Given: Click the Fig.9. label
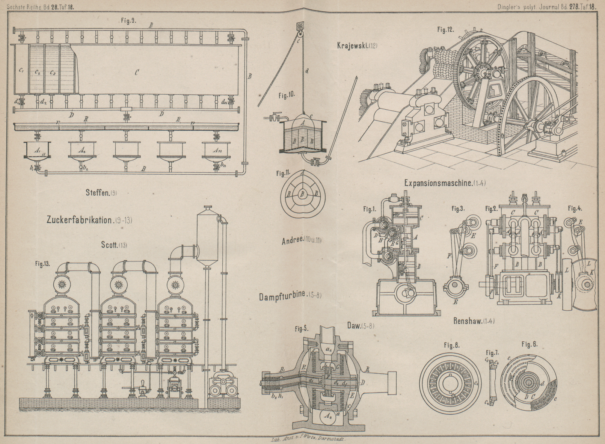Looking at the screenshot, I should click(128, 21).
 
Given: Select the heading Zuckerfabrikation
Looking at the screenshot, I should click(79, 220).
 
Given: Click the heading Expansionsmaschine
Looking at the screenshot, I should click(438, 183).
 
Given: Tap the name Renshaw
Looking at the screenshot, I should click(468, 321).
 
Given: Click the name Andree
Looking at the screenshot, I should click(293, 241).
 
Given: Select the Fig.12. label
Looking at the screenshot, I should click(446, 29).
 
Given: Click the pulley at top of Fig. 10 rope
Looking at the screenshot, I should click(300, 26).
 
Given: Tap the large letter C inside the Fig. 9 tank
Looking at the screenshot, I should click(136, 72).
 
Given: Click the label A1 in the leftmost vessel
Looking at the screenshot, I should click(37, 150).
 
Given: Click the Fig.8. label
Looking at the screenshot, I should click(451, 345).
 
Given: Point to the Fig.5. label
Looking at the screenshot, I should click(301, 329).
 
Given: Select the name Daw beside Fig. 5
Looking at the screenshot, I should click(353, 326).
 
